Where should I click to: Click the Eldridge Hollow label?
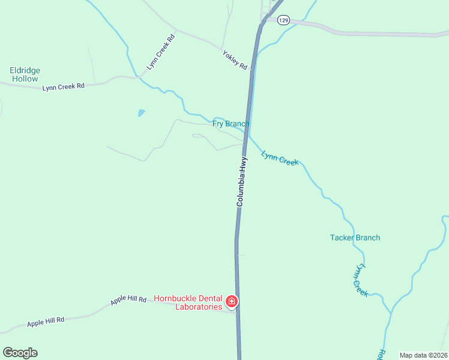pos(25,74)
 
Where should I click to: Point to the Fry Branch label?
pos(231,124)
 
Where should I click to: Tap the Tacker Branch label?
pos(355,238)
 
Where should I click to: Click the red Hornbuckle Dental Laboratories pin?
pos(232,301)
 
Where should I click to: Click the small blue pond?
pos(141,112)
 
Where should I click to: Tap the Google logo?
pos(20,353)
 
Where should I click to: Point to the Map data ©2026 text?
pos(423,355)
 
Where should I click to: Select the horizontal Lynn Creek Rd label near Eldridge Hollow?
pos(64,87)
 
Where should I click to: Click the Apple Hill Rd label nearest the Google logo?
pos(46,322)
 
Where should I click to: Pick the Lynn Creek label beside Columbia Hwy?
pos(280,158)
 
